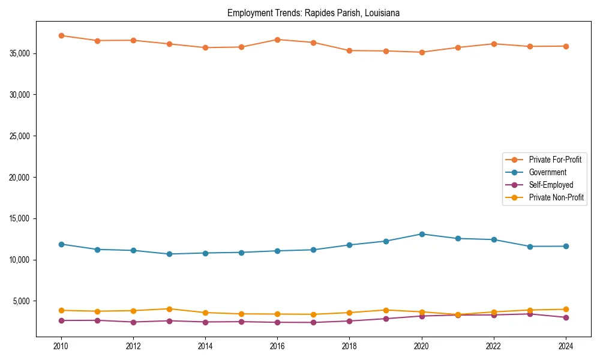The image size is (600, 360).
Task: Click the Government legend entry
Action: (x=547, y=172)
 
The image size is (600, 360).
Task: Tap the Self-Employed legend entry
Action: (x=551, y=185)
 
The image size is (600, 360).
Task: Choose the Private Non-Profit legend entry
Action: (x=556, y=197)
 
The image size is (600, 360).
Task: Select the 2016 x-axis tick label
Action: (x=277, y=346)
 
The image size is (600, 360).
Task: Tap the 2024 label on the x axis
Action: (x=566, y=346)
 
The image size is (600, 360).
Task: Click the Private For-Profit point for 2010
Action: (x=61, y=35)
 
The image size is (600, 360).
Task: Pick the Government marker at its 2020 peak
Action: (x=422, y=234)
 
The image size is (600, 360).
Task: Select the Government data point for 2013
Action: (x=169, y=254)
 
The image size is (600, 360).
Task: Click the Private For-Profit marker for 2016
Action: (x=277, y=40)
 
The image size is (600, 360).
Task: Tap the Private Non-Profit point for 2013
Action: (x=169, y=309)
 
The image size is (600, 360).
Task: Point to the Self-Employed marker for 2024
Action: (x=566, y=317)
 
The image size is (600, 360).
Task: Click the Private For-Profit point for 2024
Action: (x=566, y=46)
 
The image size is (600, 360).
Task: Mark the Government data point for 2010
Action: (x=61, y=244)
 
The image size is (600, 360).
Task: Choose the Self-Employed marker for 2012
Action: (x=133, y=322)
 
